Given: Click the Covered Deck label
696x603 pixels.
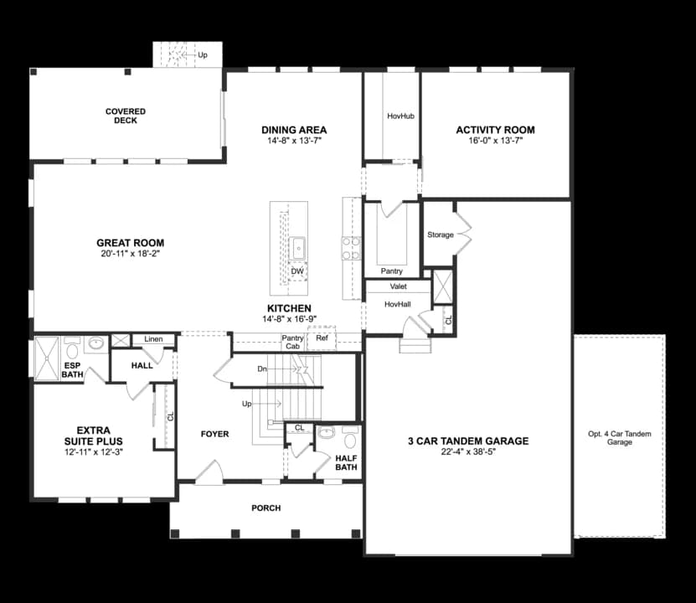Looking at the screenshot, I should [126, 116].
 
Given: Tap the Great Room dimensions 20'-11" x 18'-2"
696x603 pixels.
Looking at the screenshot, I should [129, 253].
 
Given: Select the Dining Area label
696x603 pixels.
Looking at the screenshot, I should [293, 130].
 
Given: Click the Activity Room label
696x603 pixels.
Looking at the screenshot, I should [495, 130].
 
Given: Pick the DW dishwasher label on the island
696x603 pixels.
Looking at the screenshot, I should [296, 271].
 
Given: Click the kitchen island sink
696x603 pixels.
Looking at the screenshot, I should [297, 247].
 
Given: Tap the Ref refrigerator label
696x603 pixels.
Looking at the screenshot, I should [322, 338].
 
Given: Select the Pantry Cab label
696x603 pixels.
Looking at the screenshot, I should [291, 342].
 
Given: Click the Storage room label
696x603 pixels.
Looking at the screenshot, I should [440, 235].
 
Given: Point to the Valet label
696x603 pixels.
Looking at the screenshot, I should [398, 286].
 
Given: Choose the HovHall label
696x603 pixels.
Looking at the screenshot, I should [398, 304].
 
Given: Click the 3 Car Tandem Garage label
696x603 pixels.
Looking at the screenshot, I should [468, 441].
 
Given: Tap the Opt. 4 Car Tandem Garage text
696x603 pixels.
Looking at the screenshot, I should [619, 437].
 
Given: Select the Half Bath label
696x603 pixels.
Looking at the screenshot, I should [346, 462].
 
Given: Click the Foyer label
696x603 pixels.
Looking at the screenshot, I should [214, 434].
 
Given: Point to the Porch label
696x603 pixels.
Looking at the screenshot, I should [266, 508].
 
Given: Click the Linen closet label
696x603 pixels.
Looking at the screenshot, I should [153, 339].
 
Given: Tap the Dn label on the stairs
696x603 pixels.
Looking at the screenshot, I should [261, 368].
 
